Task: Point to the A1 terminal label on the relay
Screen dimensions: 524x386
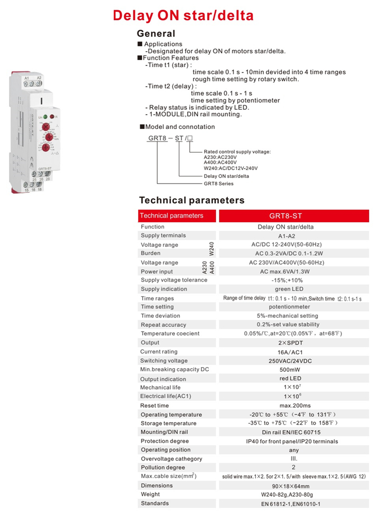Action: [26, 77]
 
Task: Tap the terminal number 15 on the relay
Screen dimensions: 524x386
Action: [26, 189]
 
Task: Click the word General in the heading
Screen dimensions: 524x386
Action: [156, 33]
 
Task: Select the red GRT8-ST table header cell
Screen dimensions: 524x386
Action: [293, 216]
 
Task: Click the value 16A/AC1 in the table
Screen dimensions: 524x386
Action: [293, 352]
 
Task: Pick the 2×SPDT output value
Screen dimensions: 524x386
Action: [293, 343]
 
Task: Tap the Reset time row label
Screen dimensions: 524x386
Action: [155, 406]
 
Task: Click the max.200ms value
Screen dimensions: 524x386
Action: [293, 406]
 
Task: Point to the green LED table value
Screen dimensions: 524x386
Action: [293, 289]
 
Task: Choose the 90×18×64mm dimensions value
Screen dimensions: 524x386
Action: [293, 486]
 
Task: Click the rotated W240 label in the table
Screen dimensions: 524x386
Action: [212, 249]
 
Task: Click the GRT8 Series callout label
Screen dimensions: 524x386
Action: [218, 184]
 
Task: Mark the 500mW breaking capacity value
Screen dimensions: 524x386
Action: [293, 370]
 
